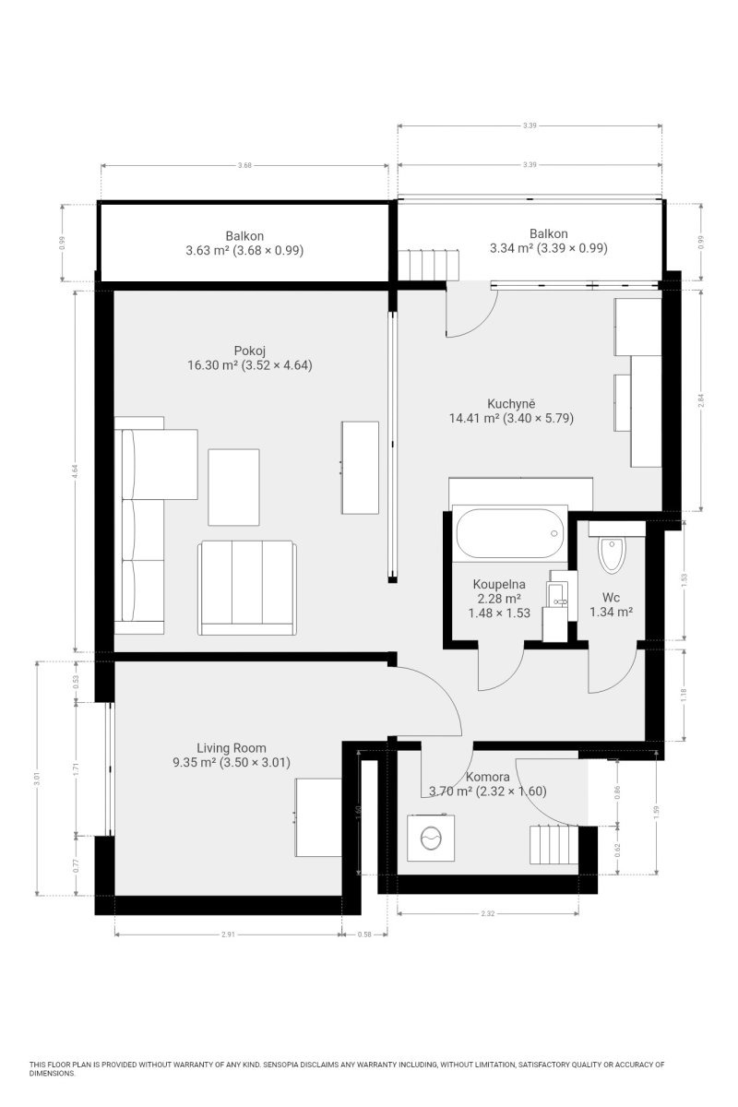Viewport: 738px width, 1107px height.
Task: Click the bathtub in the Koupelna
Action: pos(509,533)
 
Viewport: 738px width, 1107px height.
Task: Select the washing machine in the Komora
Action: pos(431,839)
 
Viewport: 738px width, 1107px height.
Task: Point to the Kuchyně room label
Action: pos(511,403)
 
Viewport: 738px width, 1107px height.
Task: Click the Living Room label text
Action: pos(232,748)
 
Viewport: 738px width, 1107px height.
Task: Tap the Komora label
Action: pos(487,777)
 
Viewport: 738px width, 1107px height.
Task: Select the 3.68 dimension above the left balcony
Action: pos(244,165)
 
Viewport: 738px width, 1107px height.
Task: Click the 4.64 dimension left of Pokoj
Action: pos(75,470)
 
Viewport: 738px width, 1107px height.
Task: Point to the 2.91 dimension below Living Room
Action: pos(228,934)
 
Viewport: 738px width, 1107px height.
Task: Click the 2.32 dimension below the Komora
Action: pos(487,913)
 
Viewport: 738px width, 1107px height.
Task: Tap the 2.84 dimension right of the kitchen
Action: pos(700,399)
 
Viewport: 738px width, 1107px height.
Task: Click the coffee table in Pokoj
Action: pos(233,487)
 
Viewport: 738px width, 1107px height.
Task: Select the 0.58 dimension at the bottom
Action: pos(364,934)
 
